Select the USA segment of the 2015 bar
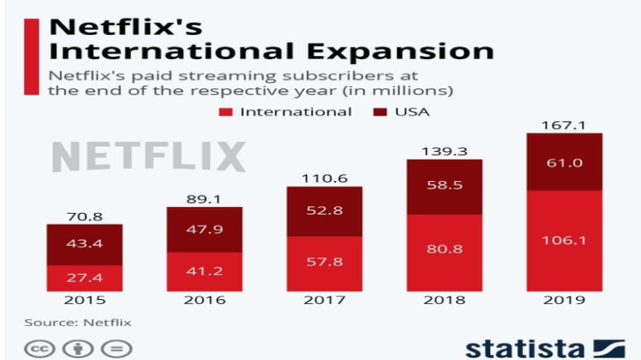pos(84,244)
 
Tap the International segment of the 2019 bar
pos(563,241)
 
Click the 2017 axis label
pos(324,300)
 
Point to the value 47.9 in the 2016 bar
pos(204,229)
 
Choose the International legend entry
pos(285,111)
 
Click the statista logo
pos(545,346)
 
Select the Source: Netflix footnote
pos(78,322)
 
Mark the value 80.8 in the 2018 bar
pos(444,248)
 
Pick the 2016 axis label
pos(204,300)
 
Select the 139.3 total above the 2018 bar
pos(444,151)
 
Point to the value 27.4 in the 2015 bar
pos(84,276)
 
